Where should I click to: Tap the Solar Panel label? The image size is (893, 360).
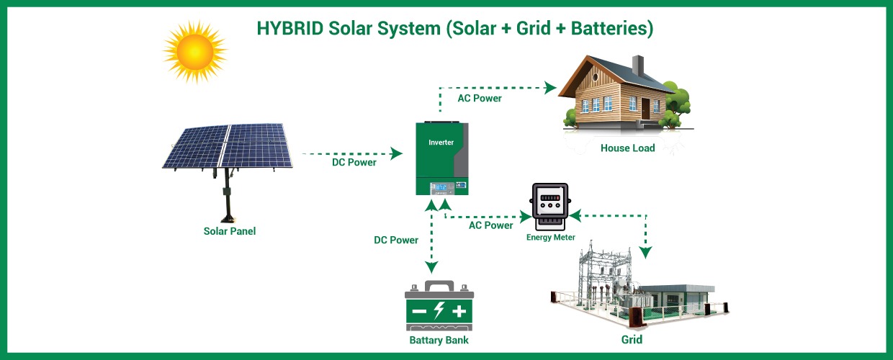230,231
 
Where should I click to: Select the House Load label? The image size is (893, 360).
628,148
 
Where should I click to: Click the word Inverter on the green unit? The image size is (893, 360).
441,143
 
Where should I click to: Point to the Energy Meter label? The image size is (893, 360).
551,237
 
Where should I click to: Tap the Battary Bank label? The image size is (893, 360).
439,340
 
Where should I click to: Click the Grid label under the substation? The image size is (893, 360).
632,339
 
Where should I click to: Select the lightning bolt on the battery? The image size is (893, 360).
439,312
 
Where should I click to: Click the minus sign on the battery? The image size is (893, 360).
419,312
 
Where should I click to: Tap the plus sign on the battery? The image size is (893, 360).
459,312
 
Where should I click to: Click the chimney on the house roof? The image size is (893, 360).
637,66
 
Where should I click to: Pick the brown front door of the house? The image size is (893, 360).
646,109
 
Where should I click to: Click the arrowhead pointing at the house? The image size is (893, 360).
551,88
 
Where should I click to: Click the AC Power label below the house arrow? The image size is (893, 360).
480,98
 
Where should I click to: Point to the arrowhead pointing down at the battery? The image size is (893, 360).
432,266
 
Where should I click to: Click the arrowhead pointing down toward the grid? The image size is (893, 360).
646,252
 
